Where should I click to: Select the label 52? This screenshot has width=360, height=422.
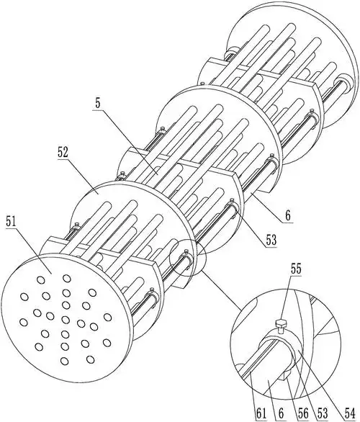coord(63,153)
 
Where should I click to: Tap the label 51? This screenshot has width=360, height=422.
coord(11,223)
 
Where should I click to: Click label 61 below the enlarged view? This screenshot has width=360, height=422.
coord(261,413)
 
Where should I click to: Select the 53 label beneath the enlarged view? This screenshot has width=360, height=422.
coord(323,413)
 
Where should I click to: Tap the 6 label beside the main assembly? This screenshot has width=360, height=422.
coord(288,216)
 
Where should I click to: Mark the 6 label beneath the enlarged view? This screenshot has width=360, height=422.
coord(281,413)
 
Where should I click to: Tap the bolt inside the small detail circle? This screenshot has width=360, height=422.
coord(186,252)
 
